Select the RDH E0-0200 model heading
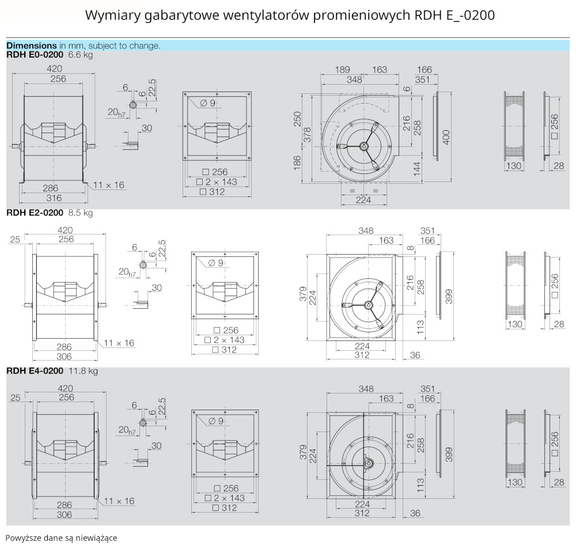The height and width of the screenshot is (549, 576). [x=35, y=55]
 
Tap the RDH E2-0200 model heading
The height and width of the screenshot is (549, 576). [x=35, y=213]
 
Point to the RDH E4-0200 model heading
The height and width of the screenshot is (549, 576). [x=35, y=371]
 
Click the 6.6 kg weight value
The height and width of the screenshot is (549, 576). [x=81, y=55]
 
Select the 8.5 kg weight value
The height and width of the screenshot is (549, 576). [x=81, y=213]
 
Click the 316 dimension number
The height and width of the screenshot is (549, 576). [x=54, y=198]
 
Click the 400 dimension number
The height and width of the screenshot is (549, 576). [x=446, y=137]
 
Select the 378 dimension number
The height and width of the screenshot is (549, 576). [x=308, y=134]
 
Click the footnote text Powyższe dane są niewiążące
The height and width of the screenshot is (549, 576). [x=61, y=538]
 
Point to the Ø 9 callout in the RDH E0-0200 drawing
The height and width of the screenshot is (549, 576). [x=208, y=103]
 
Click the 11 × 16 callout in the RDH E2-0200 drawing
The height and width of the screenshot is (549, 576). [x=121, y=343]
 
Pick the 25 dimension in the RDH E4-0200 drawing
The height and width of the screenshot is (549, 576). [x=16, y=397]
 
